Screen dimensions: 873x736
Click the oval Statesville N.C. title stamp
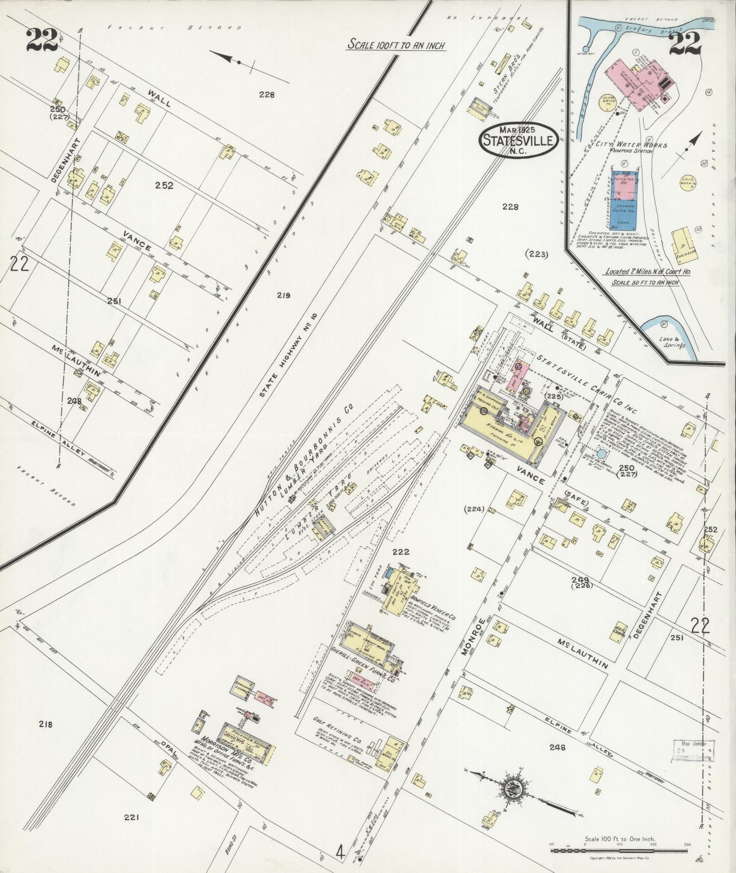click(x=517, y=140)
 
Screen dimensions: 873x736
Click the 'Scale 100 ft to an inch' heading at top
click(x=397, y=45)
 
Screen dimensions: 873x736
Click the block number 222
click(x=401, y=551)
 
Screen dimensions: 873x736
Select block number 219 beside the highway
click(x=283, y=295)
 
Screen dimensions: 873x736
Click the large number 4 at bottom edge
click(x=338, y=851)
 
